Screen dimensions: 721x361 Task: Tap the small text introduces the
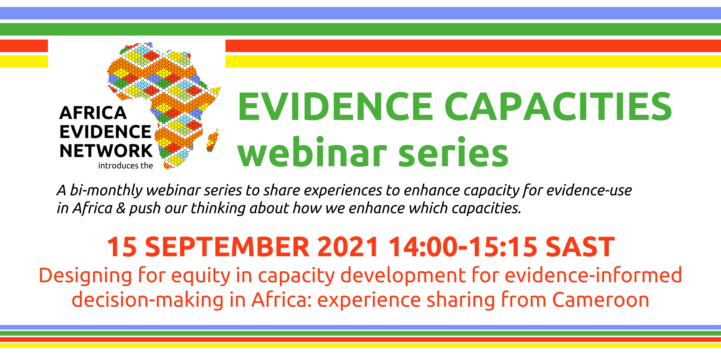coord(125,166)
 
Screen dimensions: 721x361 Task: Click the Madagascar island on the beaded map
coord(213,140)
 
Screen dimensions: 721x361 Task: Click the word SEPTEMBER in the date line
coord(227,247)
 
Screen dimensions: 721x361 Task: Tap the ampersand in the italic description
coord(121,208)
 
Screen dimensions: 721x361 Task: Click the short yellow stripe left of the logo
coord(24,61)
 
